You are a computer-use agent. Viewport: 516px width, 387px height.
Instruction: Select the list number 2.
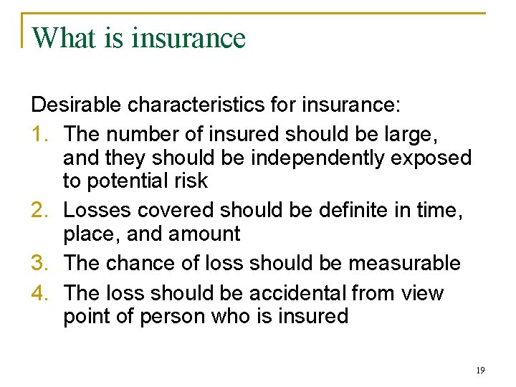(x=41, y=211)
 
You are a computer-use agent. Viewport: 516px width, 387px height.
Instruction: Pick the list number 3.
(x=41, y=263)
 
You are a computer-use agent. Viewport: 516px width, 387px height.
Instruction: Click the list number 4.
(x=41, y=293)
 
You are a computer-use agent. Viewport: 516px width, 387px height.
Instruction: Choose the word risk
(x=193, y=181)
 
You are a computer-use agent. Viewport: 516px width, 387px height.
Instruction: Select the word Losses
(x=97, y=211)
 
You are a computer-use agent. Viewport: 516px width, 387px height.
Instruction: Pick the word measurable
(x=404, y=263)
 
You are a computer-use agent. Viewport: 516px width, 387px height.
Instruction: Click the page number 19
(x=479, y=371)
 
